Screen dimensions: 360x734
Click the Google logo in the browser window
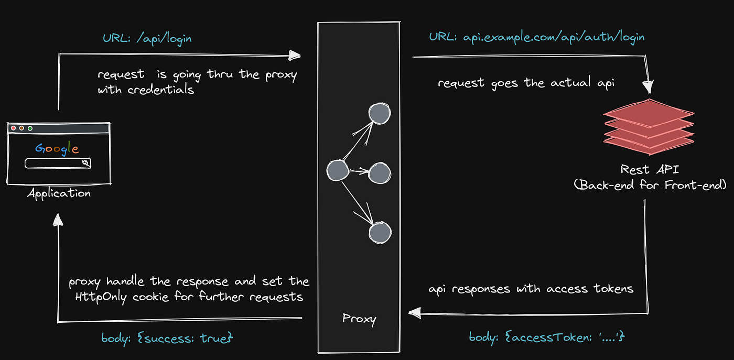pyautogui.click(x=57, y=148)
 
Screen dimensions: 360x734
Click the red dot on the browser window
pyautogui.click(x=13, y=128)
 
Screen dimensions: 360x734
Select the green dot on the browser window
pyautogui.click(x=30, y=128)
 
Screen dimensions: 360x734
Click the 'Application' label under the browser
pyautogui.click(x=59, y=193)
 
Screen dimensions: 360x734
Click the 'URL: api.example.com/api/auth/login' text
pyautogui.click(x=537, y=37)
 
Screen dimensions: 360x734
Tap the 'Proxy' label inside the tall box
pyautogui.click(x=359, y=318)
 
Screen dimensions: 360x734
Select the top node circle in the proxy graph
pyautogui.click(x=379, y=113)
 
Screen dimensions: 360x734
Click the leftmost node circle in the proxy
pyautogui.click(x=337, y=170)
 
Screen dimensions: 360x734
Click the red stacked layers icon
pyautogui.click(x=649, y=127)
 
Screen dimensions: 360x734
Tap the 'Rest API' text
pyautogui.click(x=649, y=169)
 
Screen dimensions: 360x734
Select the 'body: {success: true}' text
pyautogui.click(x=167, y=338)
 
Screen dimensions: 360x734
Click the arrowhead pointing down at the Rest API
pyautogui.click(x=649, y=87)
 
